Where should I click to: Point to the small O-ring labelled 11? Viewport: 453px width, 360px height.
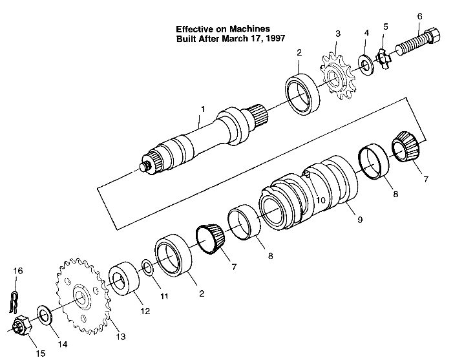click(147, 267)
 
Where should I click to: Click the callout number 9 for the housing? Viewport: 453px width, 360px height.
click(360, 220)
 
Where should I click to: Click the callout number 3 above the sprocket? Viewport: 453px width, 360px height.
click(337, 32)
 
